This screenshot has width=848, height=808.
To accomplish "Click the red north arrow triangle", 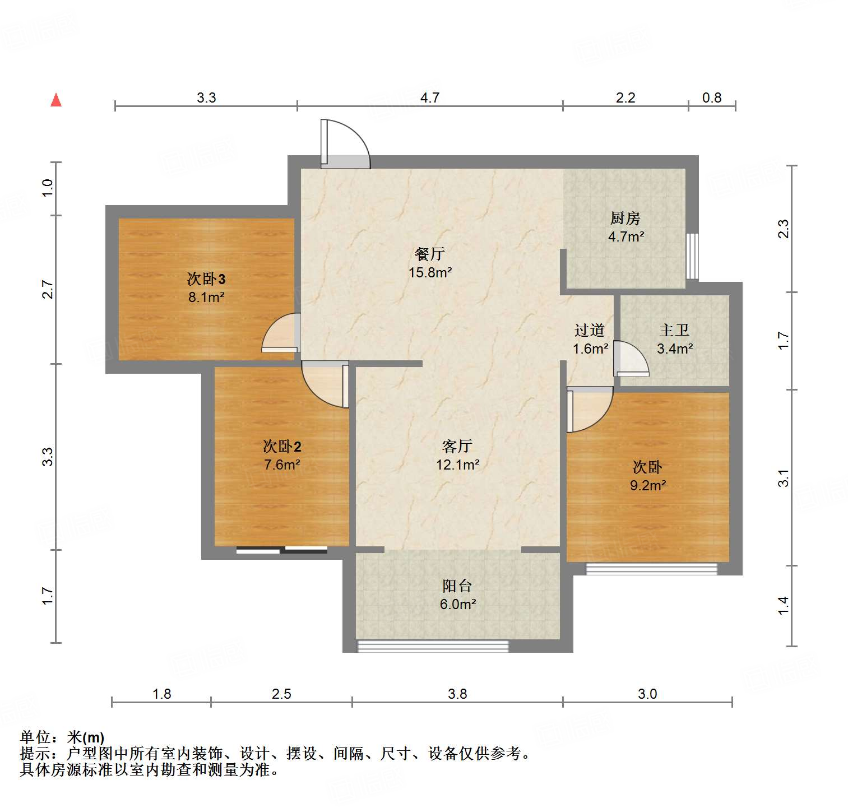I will [56, 100].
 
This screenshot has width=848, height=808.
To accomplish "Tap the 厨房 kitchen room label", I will [625, 218].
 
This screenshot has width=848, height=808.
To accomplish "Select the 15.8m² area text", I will [430, 273].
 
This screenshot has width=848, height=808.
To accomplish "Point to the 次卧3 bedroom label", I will [206, 278].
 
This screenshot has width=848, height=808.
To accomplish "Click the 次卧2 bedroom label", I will [282, 446].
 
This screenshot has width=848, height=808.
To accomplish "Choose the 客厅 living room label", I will [457, 446].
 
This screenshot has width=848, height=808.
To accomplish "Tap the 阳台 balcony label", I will [457, 586].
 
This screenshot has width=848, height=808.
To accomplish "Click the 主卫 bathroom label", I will [674, 330].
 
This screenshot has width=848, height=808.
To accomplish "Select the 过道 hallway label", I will [590, 330].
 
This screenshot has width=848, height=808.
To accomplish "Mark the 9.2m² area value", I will [647, 486].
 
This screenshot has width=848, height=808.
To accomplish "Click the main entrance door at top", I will [344, 145].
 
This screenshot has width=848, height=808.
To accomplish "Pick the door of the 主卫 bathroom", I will [631, 359].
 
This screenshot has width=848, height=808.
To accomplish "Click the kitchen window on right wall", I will [693, 256].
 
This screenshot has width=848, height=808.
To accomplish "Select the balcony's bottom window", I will [433, 646].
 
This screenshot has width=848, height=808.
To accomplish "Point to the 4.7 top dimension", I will [430, 97].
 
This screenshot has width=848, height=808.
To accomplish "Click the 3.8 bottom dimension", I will [457, 694].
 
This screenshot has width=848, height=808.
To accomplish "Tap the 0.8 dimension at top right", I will [712, 97].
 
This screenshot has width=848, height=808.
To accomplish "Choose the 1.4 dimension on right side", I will [783, 606].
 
